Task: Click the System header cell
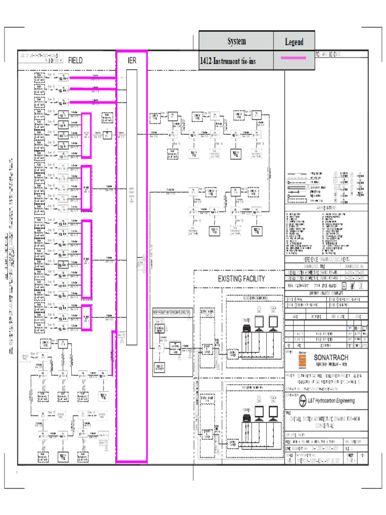[x=236, y=41]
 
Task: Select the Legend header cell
[x=294, y=42]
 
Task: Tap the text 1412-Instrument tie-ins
[x=227, y=61]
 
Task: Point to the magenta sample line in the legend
[x=294, y=59]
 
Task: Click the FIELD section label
[x=75, y=60]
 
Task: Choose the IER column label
[x=132, y=60]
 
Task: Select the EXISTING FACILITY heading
[x=241, y=279]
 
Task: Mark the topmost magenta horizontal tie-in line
[x=93, y=78]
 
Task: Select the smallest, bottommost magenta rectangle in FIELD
[x=86, y=318]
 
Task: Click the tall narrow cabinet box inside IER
[x=132, y=206]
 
